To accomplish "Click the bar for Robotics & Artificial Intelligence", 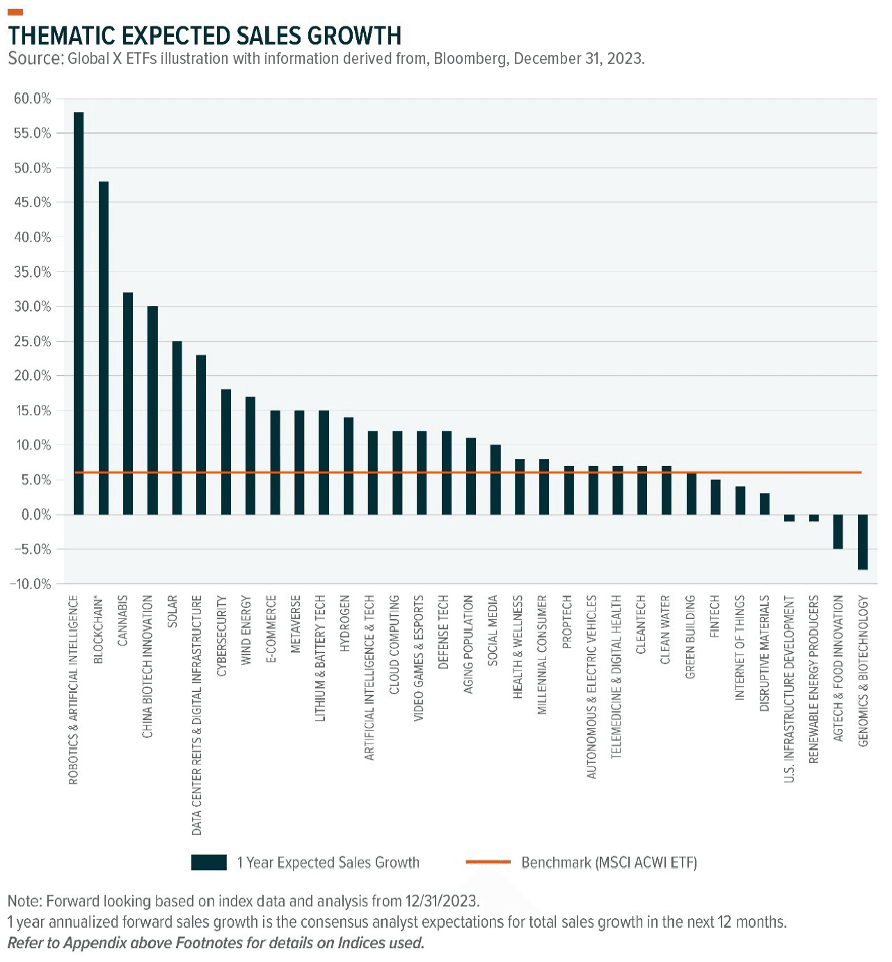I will [x=79, y=313].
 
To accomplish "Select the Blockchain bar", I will [x=104, y=348].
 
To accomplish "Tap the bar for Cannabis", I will [x=128, y=403].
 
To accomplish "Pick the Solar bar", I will [x=177, y=428].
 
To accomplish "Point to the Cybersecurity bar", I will [x=225, y=452].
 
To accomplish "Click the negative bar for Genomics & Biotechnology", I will [x=863, y=542].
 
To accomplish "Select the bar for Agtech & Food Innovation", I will [x=838, y=531].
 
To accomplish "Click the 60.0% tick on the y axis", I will [x=33, y=99].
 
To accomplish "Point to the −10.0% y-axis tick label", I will [x=31, y=584].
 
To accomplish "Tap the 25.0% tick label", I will [x=33, y=342].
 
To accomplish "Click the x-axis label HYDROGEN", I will [x=345, y=623].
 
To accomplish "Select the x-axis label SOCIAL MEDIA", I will [x=493, y=630].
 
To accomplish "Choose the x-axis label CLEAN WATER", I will [x=665, y=630].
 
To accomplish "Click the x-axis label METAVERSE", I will [x=296, y=624].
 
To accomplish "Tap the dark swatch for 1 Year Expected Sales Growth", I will [x=209, y=863].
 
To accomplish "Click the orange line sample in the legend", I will [x=488, y=863].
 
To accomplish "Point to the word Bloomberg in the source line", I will [x=470, y=58].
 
